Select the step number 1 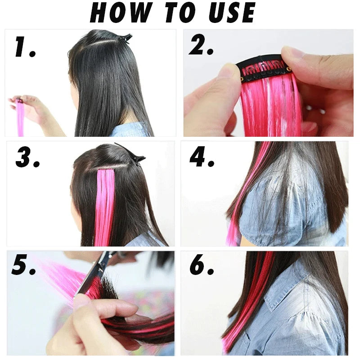click(24, 48)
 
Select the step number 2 click(201, 45)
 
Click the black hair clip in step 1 click(123, 38)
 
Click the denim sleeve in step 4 click(261, 211)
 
